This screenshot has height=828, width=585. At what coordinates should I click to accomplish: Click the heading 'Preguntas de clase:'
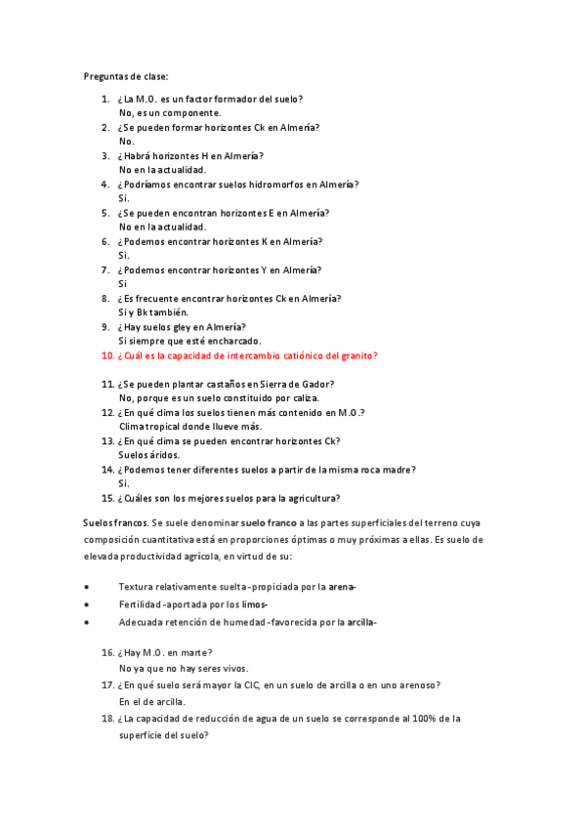[126, 76]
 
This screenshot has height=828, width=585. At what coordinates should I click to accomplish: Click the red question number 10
[107, 355]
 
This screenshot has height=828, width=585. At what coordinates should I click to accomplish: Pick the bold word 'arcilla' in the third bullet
[360, 622]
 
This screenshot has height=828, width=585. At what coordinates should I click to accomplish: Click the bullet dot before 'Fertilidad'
[88, 604]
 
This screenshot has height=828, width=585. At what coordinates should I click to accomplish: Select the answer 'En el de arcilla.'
[151, 701]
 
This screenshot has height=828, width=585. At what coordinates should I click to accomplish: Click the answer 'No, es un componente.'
[169, 112]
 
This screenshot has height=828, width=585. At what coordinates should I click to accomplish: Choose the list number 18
[107, 719]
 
